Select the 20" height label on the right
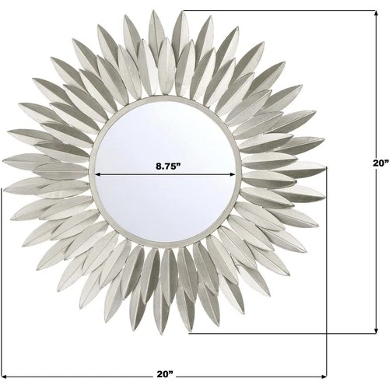coord(378,163)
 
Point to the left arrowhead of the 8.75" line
coord(99,174)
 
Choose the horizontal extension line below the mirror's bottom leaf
coord(280,335)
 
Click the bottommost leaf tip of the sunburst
coord(189,334)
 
